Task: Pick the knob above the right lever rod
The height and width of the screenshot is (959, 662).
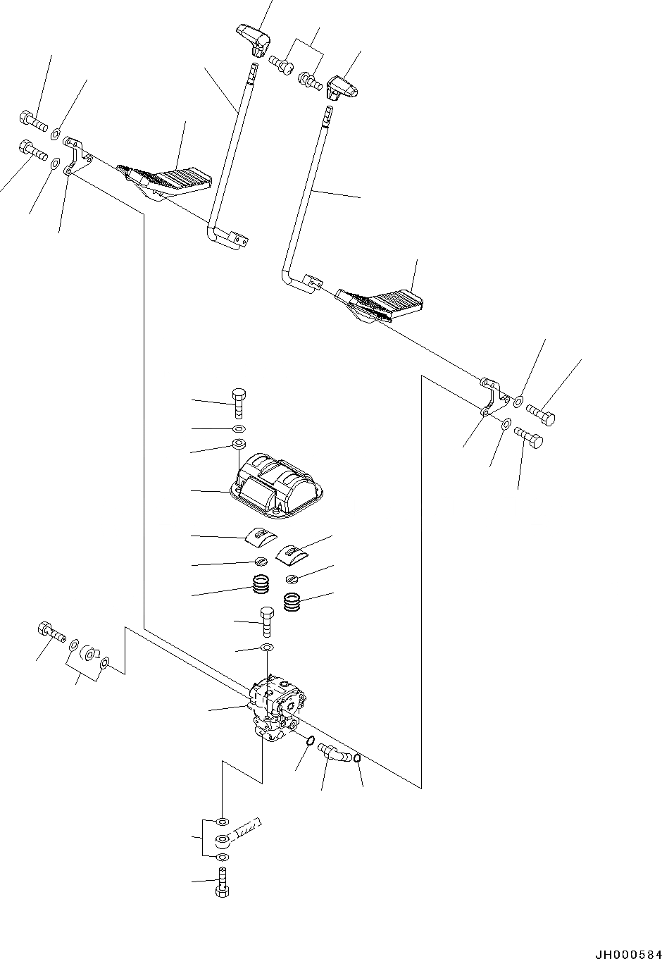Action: click(342, 86)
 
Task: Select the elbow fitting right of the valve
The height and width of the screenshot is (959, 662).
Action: click(333, 753)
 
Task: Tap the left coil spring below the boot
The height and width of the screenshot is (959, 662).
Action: click(261, 586)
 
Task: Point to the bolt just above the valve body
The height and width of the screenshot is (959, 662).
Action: click(267, 621)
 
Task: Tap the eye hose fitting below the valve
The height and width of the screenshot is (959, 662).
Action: click(232, 838)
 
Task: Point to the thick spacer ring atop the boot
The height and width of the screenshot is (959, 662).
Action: click(238, 445)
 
